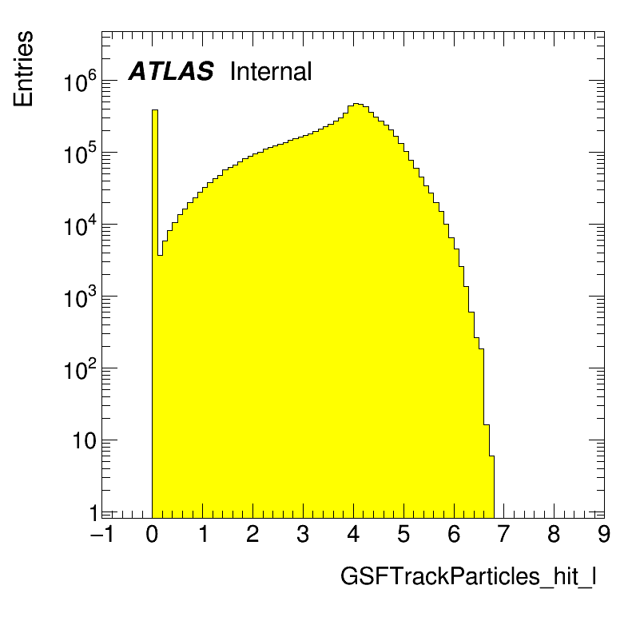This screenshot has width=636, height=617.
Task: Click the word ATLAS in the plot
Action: point(171,72)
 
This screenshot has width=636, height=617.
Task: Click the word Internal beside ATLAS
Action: point(270,72)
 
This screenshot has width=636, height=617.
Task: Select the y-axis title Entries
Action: point(23,69)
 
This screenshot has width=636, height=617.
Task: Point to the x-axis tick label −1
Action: point(102,535)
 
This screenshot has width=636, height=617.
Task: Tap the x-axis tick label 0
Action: point(153,535)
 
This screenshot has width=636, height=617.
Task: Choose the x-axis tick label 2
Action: point(252,535)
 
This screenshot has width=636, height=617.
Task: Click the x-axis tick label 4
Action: point(353,535)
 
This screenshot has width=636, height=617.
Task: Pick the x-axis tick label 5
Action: point(403,535)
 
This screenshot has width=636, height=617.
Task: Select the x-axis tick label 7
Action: point(504,535)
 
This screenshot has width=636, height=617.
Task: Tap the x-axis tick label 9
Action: point(604,535)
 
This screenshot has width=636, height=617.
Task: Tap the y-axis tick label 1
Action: point(93,512)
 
